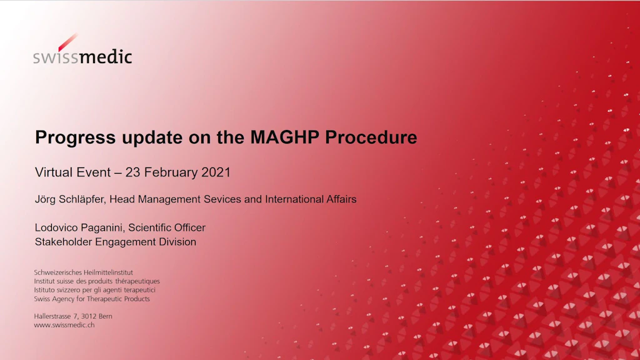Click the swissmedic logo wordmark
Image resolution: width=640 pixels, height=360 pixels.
[x=82, y=57]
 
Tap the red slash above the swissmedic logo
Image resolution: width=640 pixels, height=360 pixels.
[x=67, y=42]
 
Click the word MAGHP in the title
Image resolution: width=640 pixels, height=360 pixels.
[x=284, y=137]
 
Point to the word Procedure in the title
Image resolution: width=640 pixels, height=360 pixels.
[x=371, y=137]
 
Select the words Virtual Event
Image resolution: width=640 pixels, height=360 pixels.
[x=72, y=172]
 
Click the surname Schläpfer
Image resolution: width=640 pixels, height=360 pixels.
[x=82, y=199]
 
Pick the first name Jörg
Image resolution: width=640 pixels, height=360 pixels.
[x=45, y=199]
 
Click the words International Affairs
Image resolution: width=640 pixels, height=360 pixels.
[x=311, y=199]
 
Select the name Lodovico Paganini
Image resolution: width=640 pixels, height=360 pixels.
[x=79, y=227]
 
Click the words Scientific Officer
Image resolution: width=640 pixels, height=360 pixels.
[x=167, y=227]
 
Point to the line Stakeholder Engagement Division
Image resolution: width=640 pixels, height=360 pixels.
[x=116, y=242]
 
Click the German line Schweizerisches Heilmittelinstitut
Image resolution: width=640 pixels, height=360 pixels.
[x=83, y=272]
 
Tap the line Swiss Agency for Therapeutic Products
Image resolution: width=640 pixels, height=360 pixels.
[x=92, y=299]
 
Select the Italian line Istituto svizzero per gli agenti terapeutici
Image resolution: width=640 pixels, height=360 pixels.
[x=95, y=290]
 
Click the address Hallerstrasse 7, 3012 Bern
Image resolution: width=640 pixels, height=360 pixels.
[x=73, y=316]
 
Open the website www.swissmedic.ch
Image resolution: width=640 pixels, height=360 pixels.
[x=64, y=325]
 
